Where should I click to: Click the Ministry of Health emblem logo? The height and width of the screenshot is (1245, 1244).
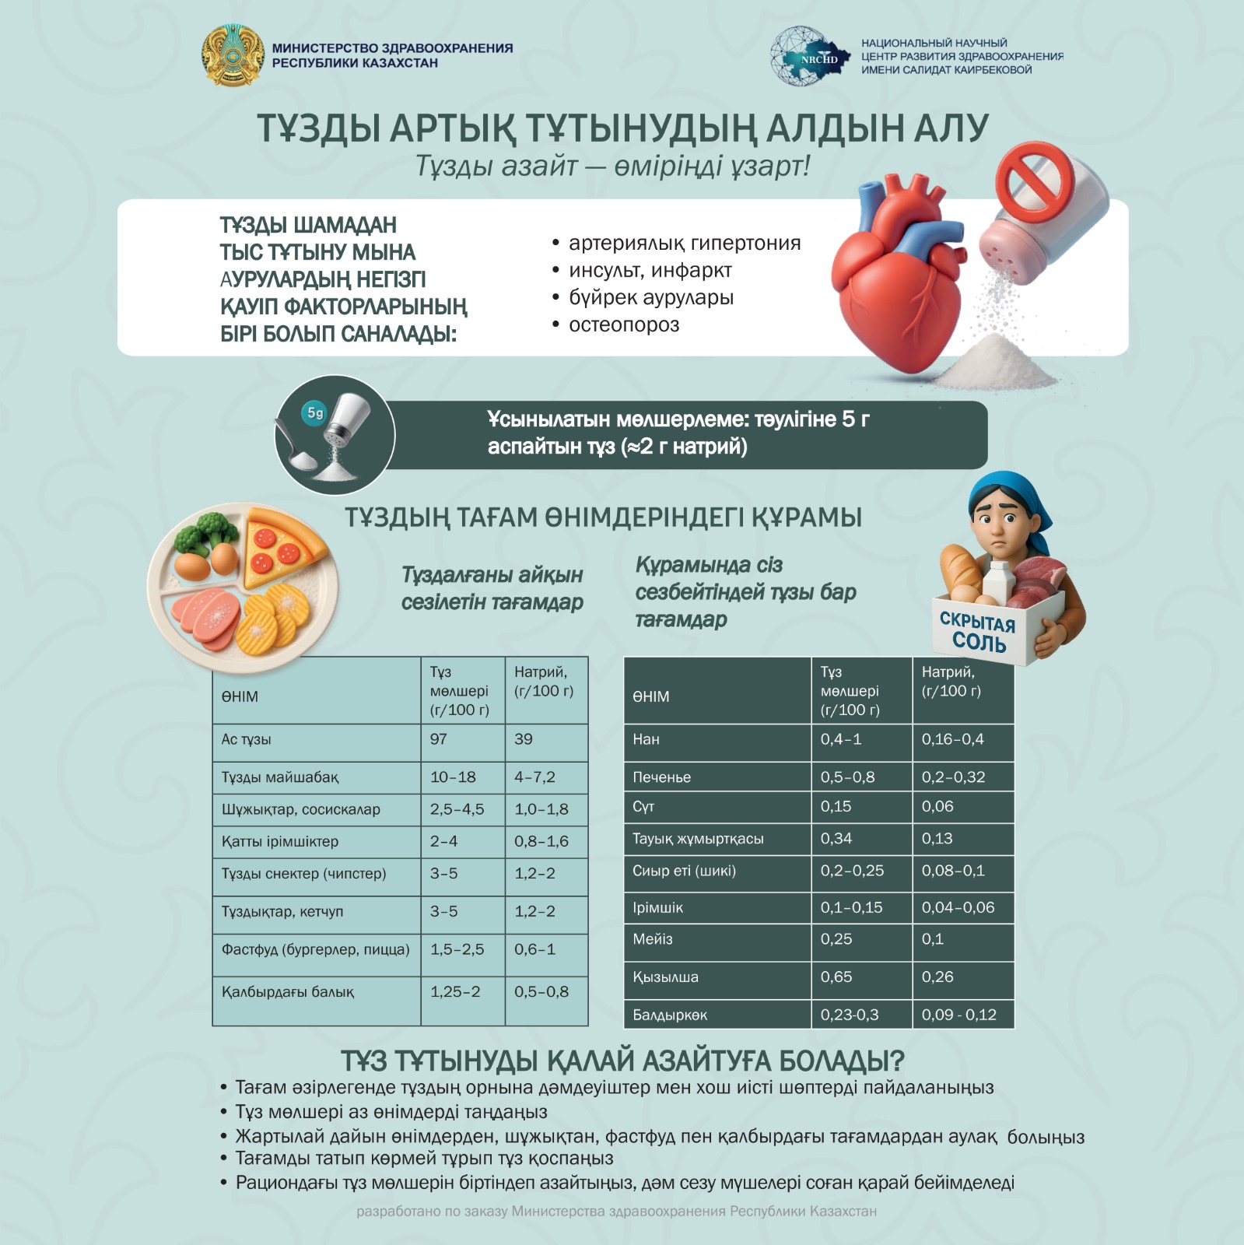click(x=233, y=55)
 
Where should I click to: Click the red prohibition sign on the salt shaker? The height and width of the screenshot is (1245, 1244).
click(x=1035, y=182)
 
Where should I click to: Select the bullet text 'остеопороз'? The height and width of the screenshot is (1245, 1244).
click(x=624, y=324)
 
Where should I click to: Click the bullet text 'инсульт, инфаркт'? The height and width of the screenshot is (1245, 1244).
click(x=650, y=270)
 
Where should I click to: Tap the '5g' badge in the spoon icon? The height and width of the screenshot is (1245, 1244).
click(x=315, y=413)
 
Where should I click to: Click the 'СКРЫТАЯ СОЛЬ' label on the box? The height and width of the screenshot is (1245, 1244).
click(x=977, y=633)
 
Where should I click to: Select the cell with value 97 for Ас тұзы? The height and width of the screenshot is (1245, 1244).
click(x=439, y=739)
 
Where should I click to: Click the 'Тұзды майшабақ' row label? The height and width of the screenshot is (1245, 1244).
click(x=280, y=777)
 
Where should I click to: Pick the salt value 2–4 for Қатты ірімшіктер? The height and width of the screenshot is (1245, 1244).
click(x=444, y=841)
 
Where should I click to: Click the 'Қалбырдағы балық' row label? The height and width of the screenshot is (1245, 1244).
click(x=288, y=992)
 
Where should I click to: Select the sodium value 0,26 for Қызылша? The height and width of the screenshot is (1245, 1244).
click(x=937, y=977)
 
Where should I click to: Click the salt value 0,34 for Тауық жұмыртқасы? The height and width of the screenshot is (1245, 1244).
click(x=836, y=839)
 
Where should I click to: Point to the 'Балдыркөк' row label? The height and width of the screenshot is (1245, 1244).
click(x=670, y=1015)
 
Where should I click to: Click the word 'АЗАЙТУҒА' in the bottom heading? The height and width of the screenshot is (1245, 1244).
click(x=711, y=1061)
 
